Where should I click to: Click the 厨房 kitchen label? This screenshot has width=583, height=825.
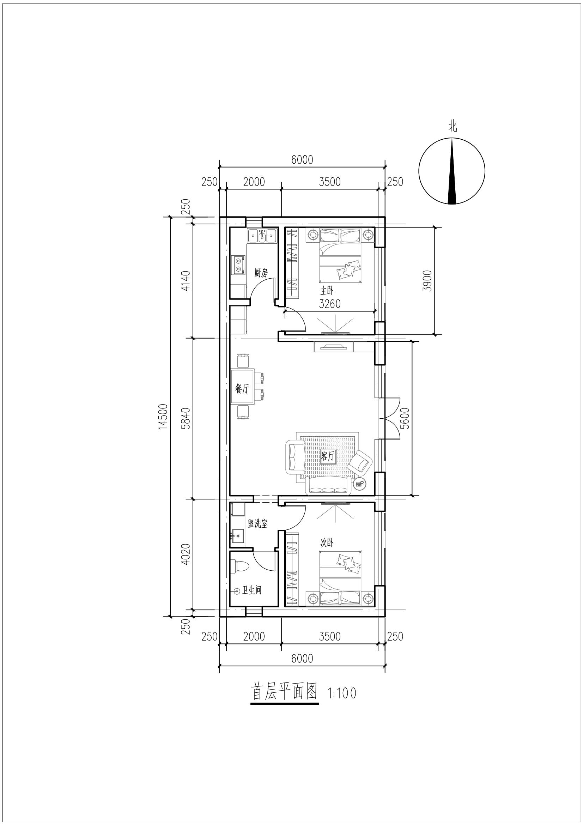click(x=261, y=273)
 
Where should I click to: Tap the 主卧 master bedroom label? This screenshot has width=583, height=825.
click(x=327, y=290)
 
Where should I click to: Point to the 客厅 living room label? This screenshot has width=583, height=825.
click(x=328, y=457)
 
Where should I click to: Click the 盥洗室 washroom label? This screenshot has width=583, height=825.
click(x=257, y=523)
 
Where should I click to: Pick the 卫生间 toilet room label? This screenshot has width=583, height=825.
click(x=251, y=590)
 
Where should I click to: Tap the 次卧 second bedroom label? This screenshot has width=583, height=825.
click(x=327, y=543)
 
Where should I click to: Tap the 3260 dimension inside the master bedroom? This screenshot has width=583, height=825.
click(x=330, y=304)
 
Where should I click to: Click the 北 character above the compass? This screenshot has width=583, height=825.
click(x=452, y=127)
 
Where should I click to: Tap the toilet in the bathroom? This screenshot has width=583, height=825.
click(x=240, y=565)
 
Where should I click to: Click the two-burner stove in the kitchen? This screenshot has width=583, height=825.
click(x=238, y=265)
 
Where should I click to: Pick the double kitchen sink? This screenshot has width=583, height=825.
click(x=262, y=236)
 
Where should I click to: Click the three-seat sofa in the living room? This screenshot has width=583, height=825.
click(x=328, y=486)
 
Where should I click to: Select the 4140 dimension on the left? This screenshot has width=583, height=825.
click(x=186, y=281)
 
